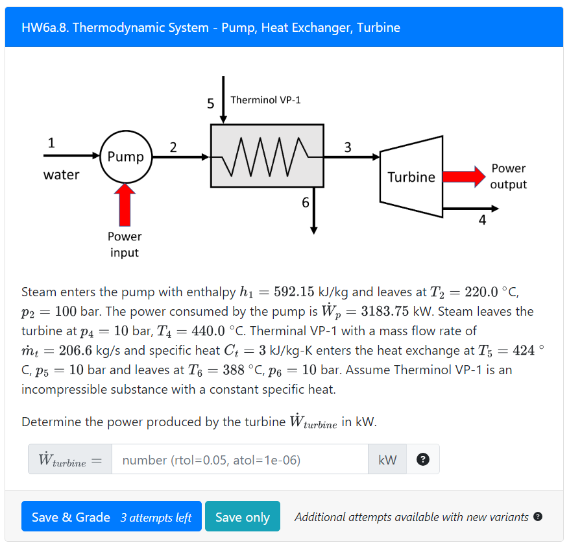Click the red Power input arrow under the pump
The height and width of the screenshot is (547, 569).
(x=125, y=205)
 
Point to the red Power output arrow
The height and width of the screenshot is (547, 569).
(x=464, y=177)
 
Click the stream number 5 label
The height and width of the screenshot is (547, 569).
(x=210, y=104)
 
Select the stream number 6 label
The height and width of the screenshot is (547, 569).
(x=306, y=203)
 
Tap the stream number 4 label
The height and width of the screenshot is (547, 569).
(x=482, y=220)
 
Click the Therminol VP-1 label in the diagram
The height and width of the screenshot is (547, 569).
(x=265, y=100)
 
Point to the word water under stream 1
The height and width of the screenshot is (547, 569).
(x=62, y=175)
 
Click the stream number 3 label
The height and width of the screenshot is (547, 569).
(x=348, y=147)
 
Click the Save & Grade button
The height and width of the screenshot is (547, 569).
(x=112, y=516)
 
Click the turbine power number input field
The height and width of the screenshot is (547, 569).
(x=240, y=459)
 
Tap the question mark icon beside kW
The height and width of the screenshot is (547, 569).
(x=423, y=459)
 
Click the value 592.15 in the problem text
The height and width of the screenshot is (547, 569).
(x=294, y=292)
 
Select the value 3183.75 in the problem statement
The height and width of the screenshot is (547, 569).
(x=385, y=311)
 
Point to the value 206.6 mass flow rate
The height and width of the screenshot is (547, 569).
(x=75, y=350)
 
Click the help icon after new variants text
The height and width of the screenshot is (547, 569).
(x=538, y=516)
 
